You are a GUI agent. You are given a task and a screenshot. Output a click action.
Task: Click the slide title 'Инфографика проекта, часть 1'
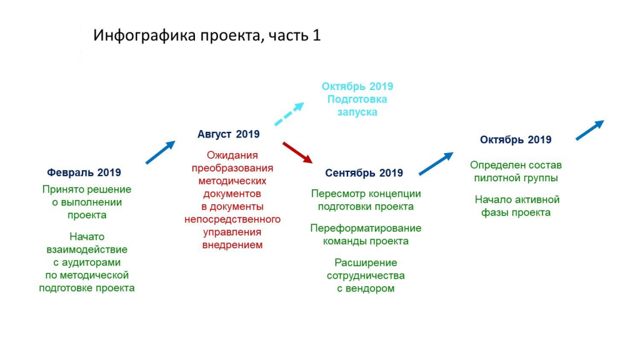(x=207, y=36)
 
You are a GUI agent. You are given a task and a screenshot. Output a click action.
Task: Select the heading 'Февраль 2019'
(x=84, y=172)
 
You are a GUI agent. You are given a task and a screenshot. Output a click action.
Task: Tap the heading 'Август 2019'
(x=229, y=134)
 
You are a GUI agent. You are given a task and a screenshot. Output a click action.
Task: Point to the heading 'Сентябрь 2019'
(x=364, y=173)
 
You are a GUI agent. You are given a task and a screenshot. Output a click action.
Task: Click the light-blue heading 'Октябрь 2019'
(x=357, y=86)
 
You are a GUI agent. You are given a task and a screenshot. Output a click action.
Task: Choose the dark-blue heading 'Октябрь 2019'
(x=516, y=140)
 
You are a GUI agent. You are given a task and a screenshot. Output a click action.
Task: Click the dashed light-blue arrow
(x=289, y=114)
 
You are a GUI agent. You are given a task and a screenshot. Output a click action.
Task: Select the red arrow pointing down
(x=297, y=152)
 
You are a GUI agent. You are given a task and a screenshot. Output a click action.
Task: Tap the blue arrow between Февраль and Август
(x=161, y=152)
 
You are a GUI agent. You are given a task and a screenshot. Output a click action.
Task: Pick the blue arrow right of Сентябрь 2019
(x=436, y=164)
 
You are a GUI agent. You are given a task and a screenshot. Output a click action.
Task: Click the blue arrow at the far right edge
(x=590, y=130)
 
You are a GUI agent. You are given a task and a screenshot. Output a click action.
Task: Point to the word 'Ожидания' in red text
(x=232, y=156)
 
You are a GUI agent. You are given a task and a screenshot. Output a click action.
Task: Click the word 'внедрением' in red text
(x=232, y=245)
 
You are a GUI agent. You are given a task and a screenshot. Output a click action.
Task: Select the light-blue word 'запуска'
(x=357, y=112)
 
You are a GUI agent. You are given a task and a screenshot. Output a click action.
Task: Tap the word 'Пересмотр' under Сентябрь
(x=338, y=194)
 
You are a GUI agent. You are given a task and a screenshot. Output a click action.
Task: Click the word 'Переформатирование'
(x=366, y=228)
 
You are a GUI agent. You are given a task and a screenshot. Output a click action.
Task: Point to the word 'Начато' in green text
(x=87, y=237)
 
